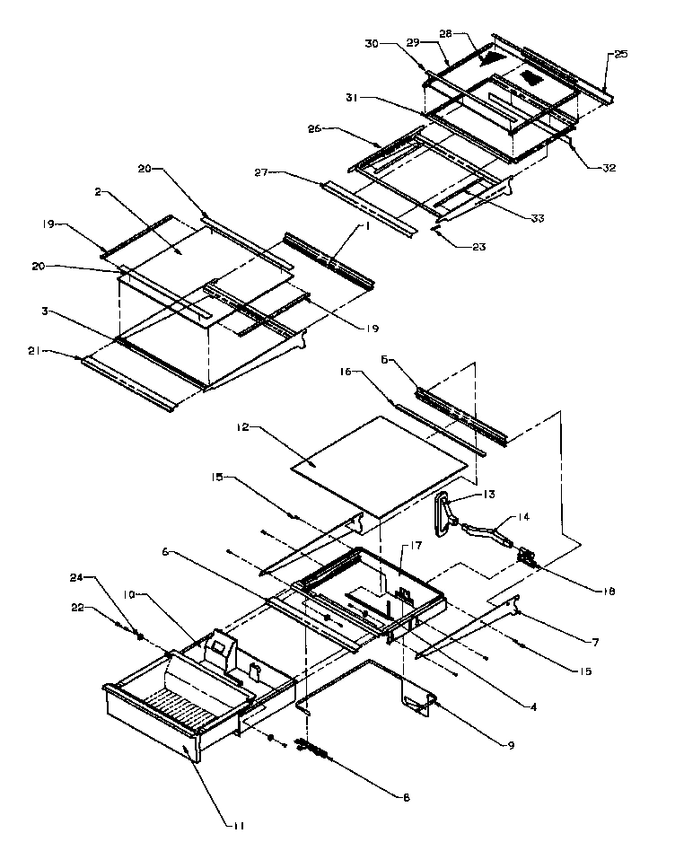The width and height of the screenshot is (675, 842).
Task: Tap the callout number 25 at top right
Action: (621, 55)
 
